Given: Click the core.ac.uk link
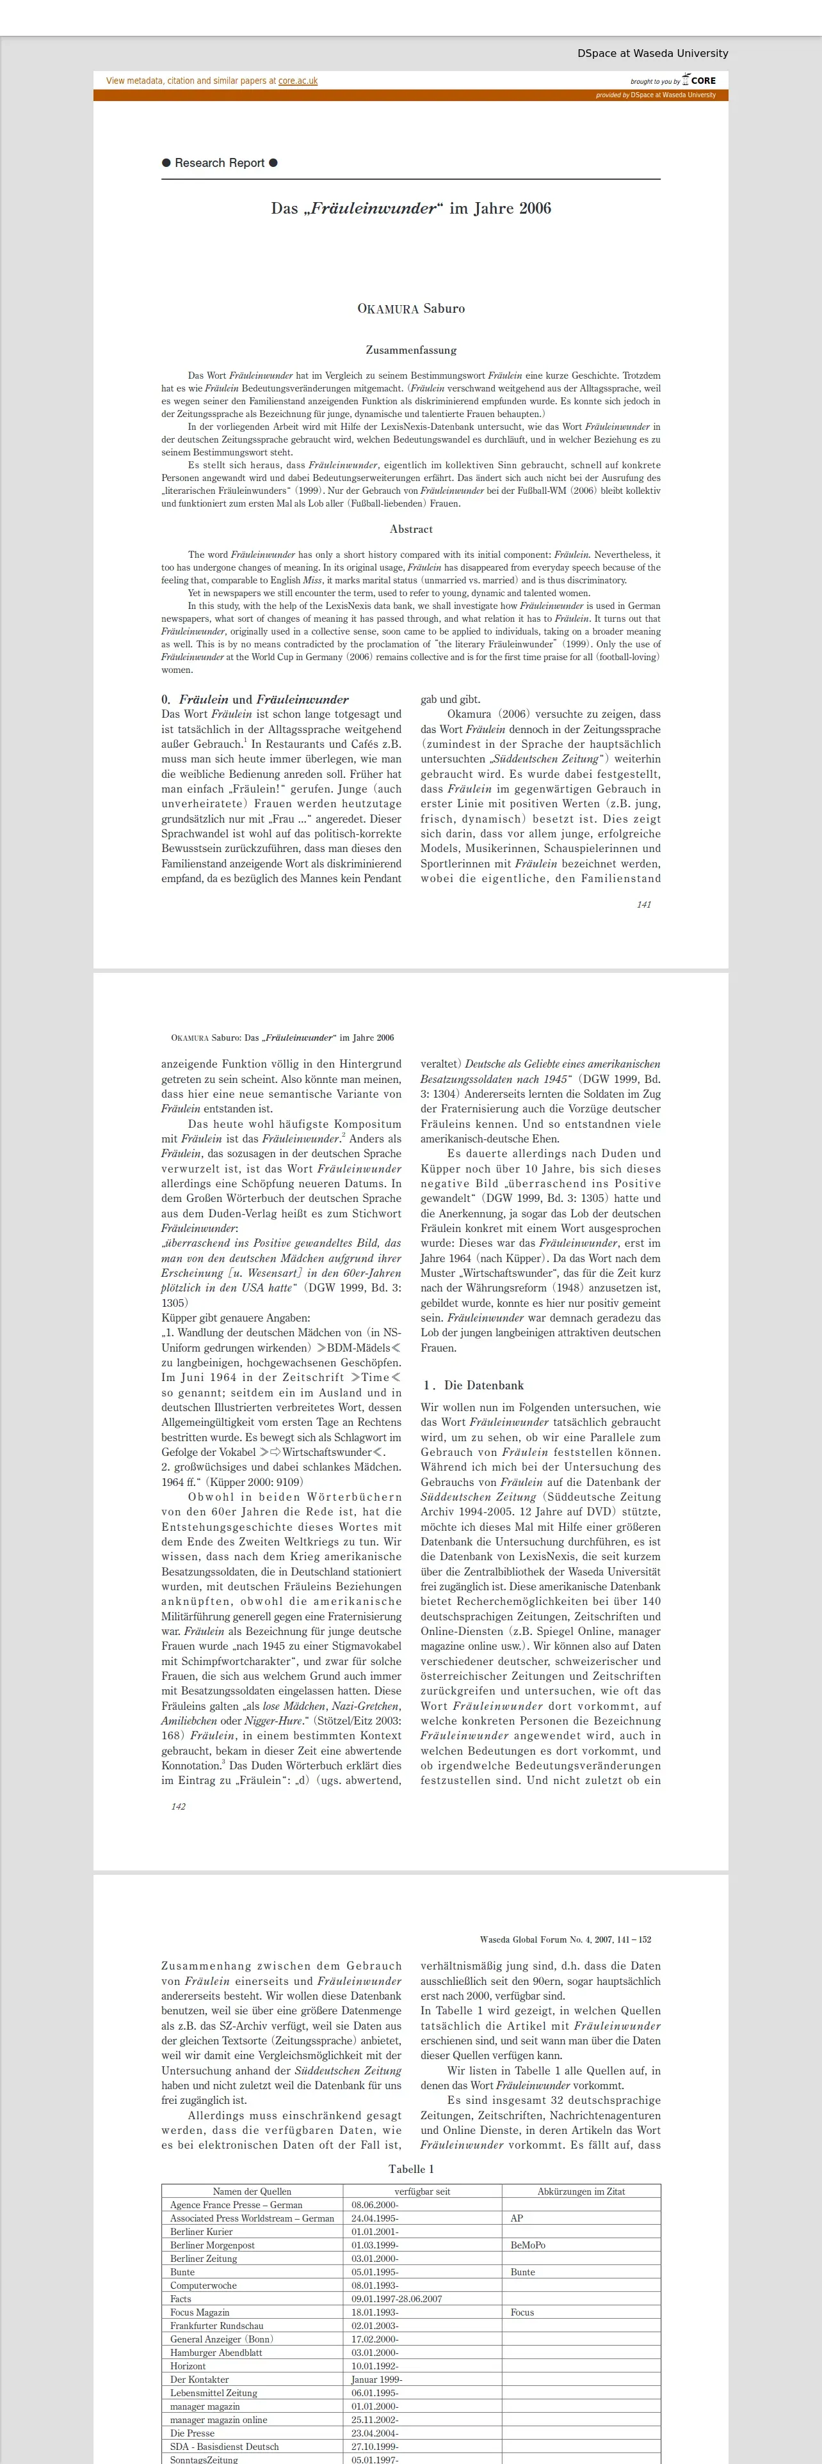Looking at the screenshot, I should click(x=298, y=81).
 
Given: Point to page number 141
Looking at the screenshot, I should click(x=644, y=904).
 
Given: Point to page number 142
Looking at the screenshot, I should click(x=178, y=1806).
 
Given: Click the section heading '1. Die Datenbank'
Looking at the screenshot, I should click(x=474, y=1385).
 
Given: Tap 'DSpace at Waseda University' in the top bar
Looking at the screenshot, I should click(x=652, y=54).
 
